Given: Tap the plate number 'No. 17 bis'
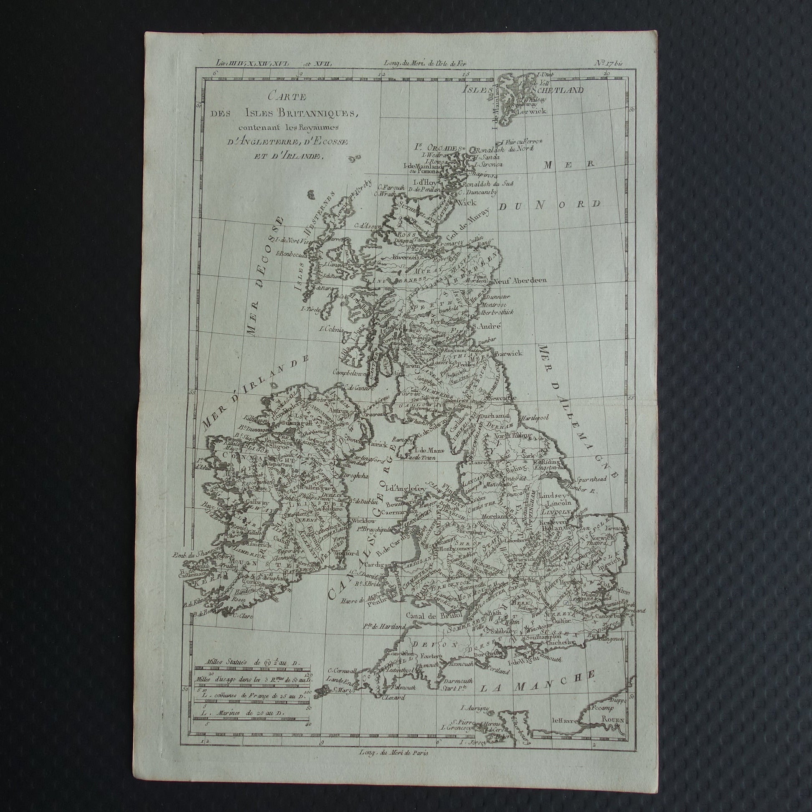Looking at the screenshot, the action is (608, 64).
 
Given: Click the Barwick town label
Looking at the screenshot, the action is (509, 353).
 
